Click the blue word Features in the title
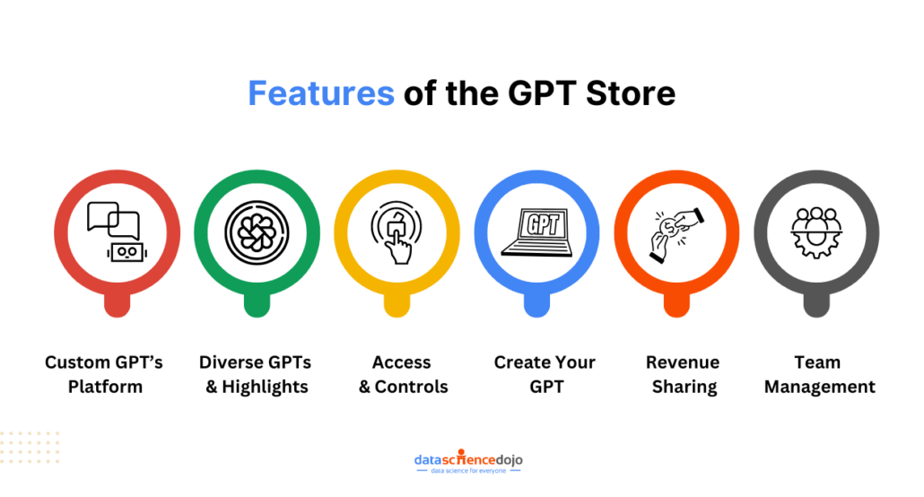[x=320, y=93]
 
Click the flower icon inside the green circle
[x=257, y=232]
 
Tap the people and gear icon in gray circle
[x=816, y=232]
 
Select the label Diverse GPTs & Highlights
[x=256, y=374]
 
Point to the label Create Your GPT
[x=545, y=374]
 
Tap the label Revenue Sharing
[x=683, y=374]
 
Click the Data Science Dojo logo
[x=468, y=461]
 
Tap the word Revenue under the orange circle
[x=683, y=362]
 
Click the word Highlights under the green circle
[x=265, y=387]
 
